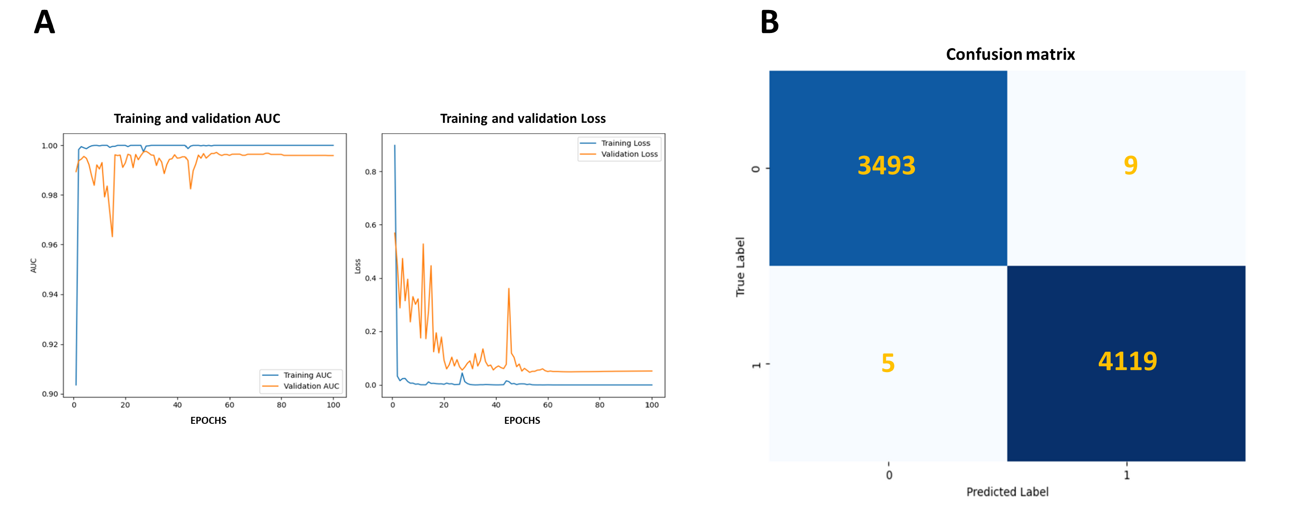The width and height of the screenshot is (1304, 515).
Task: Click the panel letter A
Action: click(x=44, y=22)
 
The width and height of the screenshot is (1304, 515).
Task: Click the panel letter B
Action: click(x=769, y=22)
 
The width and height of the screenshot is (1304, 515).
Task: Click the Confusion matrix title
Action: click(x=1010, y=54)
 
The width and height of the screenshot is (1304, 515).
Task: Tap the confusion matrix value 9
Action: click(x=1131, y=165)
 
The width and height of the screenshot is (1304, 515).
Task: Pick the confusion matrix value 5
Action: click(x=888, y=363)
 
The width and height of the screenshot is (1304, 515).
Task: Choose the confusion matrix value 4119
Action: click(x=1128, y=361)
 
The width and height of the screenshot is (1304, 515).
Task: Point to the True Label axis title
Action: click(x=740, y=267)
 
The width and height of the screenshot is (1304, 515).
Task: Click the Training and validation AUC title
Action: click(x=196, y=119)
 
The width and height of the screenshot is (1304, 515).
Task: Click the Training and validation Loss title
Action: click(x=522, y=119)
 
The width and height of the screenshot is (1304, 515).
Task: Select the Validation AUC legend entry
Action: click(x=311, y=386)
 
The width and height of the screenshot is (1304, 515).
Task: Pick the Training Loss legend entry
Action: click(x=625, y=143)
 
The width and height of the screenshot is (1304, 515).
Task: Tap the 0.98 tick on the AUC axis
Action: click(x=49, y=195)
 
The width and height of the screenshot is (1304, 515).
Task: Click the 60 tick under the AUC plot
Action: click(x=230, y=405)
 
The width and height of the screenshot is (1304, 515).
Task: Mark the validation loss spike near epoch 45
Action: click(x=508, y=289)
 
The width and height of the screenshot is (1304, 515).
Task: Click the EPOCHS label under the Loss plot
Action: click(x=522, y=420)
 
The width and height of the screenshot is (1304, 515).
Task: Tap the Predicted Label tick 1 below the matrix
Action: click(x=1126, y=475)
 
